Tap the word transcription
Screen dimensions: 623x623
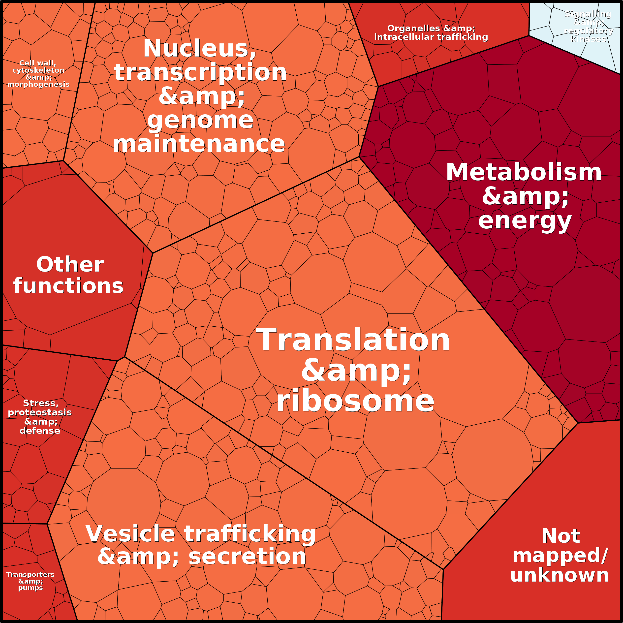click(200, 72)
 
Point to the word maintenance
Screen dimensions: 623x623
click(199, 144)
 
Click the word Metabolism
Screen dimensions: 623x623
click(524, 172)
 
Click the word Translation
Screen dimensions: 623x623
click(353, 340)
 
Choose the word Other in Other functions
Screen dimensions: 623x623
click(70, 264)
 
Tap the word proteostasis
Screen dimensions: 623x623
click(40, 413)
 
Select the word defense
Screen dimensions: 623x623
click(40, 431)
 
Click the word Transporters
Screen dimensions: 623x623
click(30, 575)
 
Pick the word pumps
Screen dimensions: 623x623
click(31, 588)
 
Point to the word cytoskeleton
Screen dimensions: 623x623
click(38, 70)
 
